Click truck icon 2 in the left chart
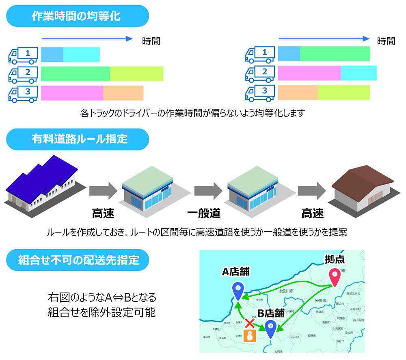coord(23,73)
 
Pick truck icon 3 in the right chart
coord(260,93)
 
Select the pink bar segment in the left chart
coord(72,93)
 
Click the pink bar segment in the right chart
coord(309,73)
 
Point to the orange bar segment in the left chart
coord(123,93)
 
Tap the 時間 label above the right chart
coord(386,41)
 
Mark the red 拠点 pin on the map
coord(335,277)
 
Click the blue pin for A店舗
coord(237,290)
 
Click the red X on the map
coord(251,323)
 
